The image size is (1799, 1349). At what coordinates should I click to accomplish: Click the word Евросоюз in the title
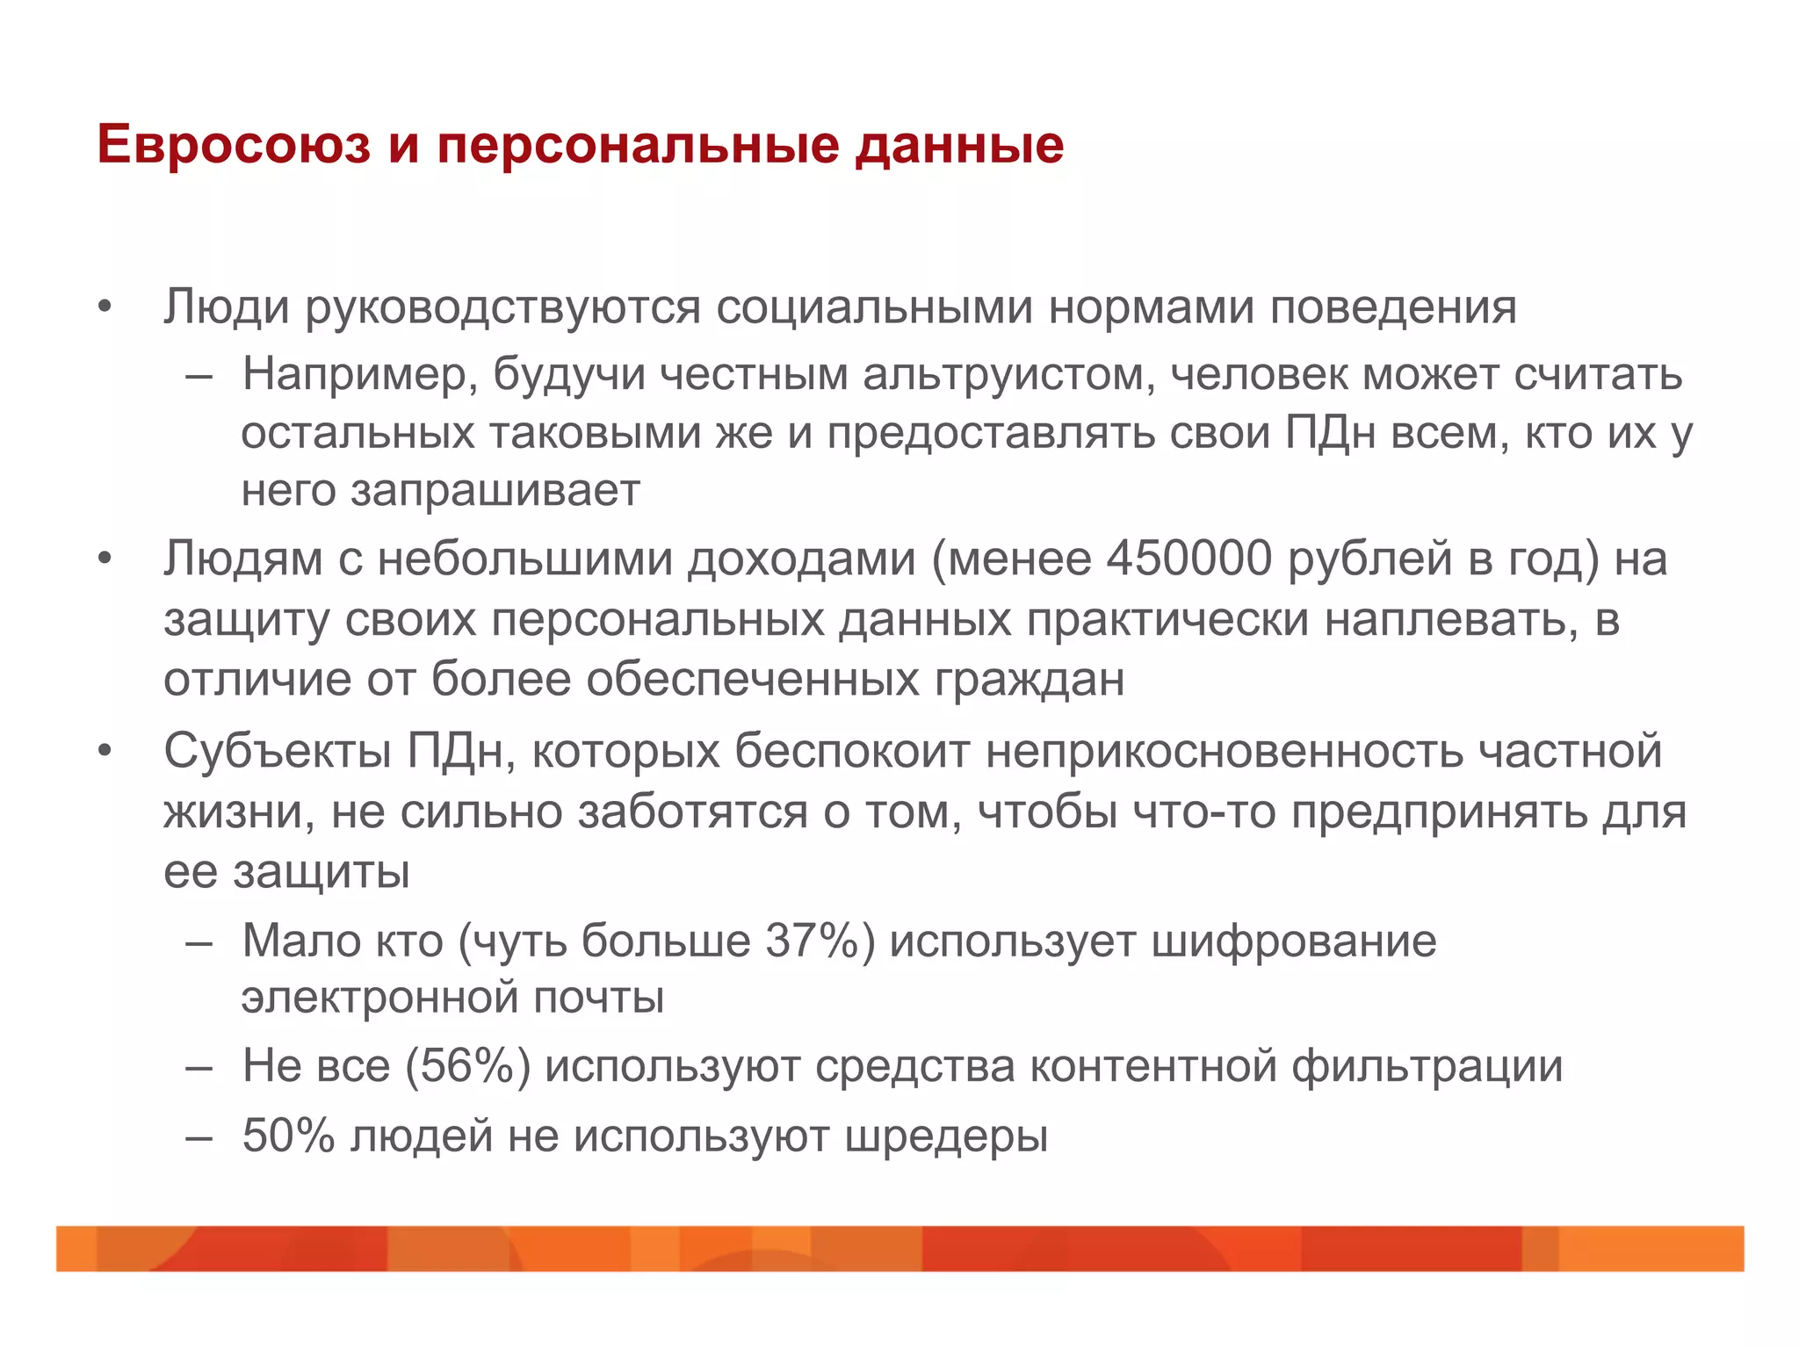coord(234,145)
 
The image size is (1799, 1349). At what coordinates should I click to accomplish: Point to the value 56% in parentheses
coord(467,1066)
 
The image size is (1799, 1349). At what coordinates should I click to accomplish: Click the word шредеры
coord(946,1136)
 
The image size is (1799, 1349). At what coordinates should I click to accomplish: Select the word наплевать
coord(1450,619)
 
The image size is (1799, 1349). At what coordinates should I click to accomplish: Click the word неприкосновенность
coord(1224,752)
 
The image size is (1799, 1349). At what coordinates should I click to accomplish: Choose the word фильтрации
coord(1427,1067)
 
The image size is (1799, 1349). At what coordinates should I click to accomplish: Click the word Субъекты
coord(278,752)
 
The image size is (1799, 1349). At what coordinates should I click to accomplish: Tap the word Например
coord(358,375)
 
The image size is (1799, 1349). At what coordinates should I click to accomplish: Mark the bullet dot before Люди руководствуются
coord(105,308)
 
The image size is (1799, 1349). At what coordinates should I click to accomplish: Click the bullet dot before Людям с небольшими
coord(105,559)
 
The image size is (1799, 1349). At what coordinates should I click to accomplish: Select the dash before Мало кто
coord(199,942)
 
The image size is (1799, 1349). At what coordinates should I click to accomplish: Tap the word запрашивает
coord(495,491)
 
